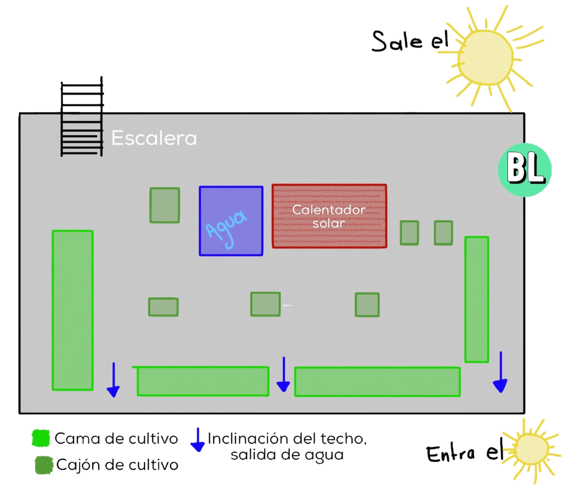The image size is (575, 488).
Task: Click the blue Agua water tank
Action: [231, 221]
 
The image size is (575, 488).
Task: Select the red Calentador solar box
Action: [329, 216]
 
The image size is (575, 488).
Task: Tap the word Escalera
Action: [154, 138]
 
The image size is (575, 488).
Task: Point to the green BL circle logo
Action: [525, 169]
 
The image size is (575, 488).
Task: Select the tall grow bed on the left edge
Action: [72, 310]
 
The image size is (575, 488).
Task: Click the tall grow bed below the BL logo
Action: [477, 299]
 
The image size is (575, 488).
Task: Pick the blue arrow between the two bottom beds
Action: [284, 375]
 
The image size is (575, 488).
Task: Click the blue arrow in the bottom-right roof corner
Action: [500, 373]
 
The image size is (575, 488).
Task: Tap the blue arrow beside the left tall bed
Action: [113, 380]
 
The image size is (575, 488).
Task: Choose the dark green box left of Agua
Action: [165, 205]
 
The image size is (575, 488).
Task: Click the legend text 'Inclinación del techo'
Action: [287, 439]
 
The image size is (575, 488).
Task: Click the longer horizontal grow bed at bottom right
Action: [377, 382]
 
